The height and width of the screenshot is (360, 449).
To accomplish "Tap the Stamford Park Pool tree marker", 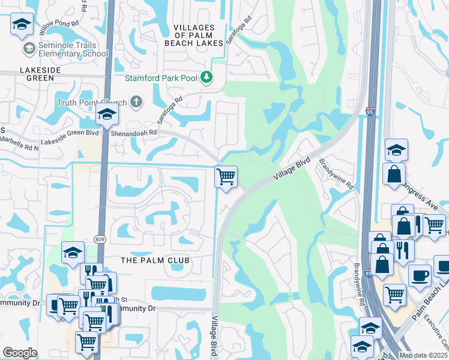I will [206, 77].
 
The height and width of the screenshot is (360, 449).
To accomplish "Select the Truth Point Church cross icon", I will [136, 101].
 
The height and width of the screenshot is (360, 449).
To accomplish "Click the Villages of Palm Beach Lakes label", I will [194, 35].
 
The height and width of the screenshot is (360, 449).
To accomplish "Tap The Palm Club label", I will [155, 260].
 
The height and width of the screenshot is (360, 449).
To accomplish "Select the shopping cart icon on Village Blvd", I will [226, 177].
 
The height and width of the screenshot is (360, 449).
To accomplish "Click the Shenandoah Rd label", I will [137, 133].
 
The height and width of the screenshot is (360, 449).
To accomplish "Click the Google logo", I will [20, 353].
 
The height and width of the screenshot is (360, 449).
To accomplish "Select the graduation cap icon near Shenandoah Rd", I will [107, 114].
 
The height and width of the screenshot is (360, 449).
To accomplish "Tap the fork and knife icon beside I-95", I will [402, 250].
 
